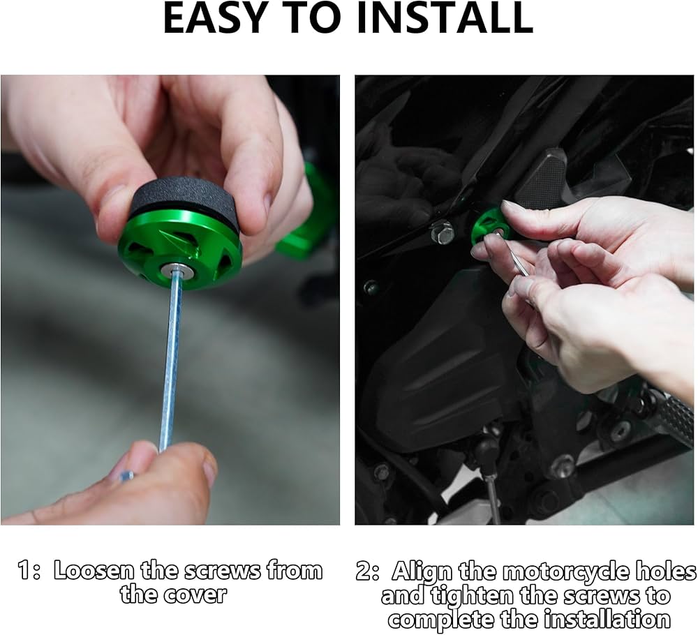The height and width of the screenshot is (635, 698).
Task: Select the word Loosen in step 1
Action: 94,571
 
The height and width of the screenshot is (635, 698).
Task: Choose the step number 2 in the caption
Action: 364,571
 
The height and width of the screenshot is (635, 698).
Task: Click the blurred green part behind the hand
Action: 307,214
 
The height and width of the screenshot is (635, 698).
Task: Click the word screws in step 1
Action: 223,571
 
